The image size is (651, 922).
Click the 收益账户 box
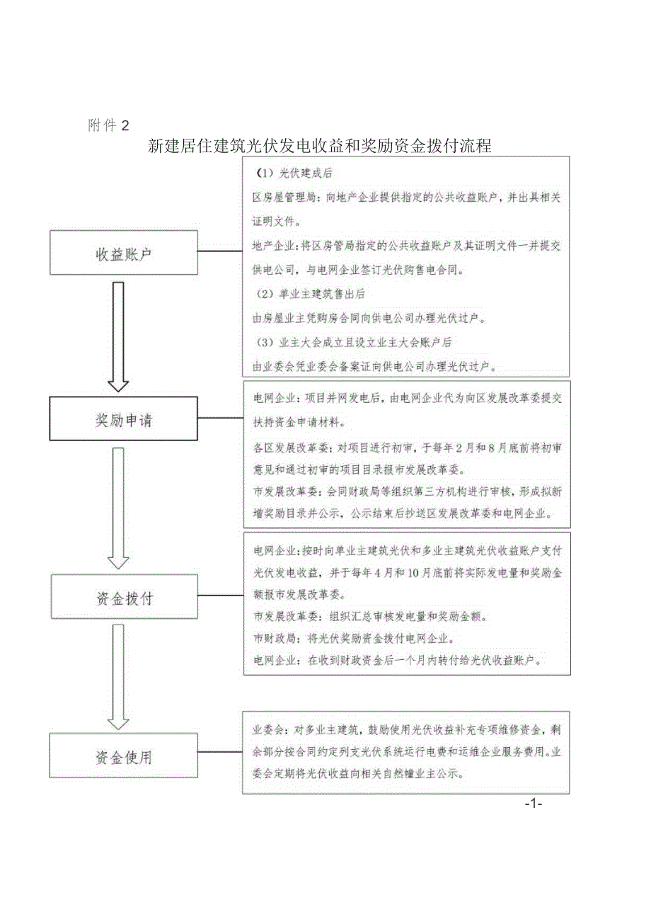point(124,251)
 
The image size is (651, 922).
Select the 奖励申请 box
point(124,420)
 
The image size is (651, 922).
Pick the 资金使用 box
point(124,757)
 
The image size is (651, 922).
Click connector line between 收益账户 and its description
point(220,251)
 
